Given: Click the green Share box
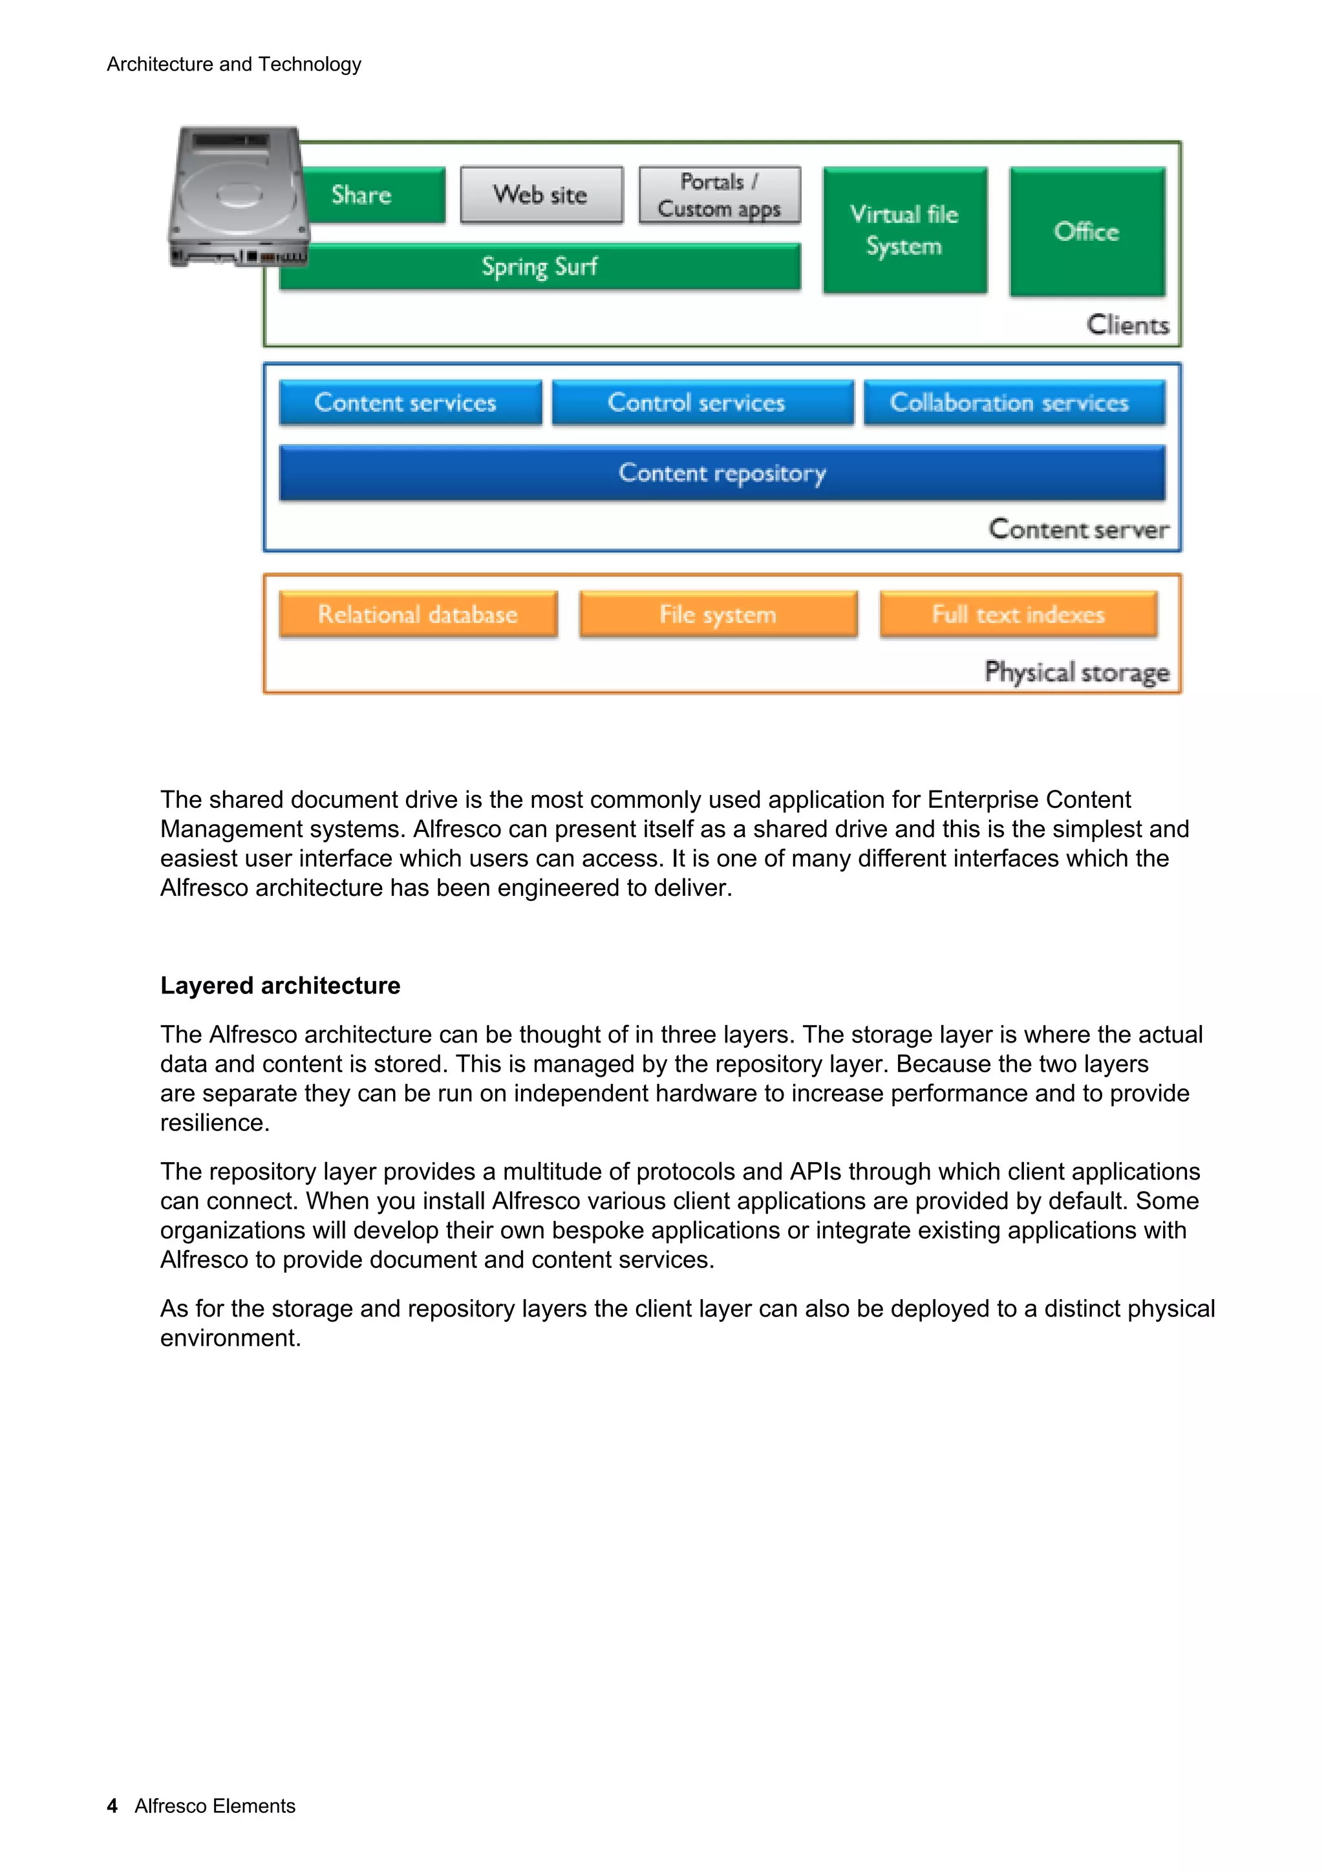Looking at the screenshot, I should click(371, 195).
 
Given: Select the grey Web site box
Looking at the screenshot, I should click(541, 195).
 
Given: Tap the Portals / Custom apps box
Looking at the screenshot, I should click(720, 195).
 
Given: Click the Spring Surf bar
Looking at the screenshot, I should click(539, 267).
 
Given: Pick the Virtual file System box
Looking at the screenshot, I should click(904, 230).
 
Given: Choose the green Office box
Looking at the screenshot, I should click(1087, 231).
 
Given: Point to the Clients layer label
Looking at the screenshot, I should click(1127, 324).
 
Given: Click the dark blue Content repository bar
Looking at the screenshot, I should click(722, 473).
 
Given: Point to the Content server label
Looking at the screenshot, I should click(1078, 529).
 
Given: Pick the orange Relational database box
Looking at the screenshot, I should click(418, 614).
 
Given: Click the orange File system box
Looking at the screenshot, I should click(718, 614).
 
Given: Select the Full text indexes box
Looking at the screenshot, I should click(1018, 614).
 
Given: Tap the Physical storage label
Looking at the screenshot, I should click(1077, 672).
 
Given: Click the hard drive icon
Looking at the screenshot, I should click(237, 196).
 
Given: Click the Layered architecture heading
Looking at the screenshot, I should click(280, 986).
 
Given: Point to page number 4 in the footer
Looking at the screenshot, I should click(112, 1806).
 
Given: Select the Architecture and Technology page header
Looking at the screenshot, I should click(234, 65).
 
